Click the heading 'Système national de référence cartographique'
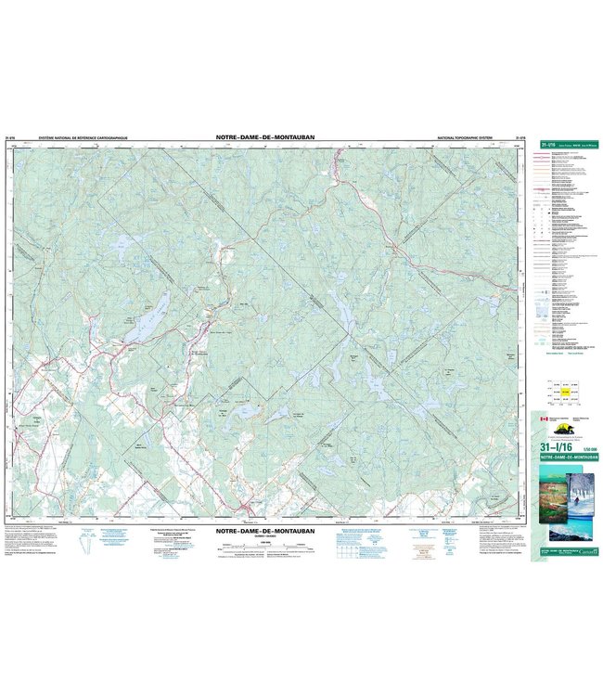83,137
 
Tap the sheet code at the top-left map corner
12,137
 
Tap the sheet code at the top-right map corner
520,137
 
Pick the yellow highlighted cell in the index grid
565,392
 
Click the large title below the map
265,532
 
